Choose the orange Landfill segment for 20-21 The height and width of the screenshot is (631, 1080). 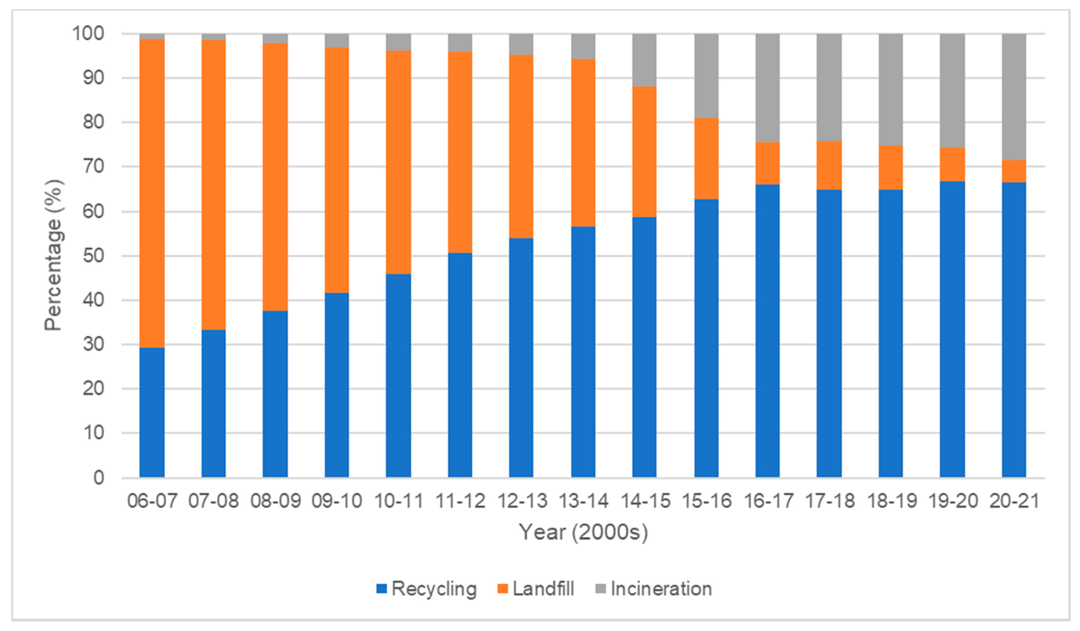tap(1014, 171)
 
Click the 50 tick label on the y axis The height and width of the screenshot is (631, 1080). tap(93, 256)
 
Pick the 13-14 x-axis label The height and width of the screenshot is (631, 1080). tap(583, 501)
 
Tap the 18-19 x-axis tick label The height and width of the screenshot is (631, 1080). tap(891, 501)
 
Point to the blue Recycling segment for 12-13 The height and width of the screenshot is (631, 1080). tap(521, 358)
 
